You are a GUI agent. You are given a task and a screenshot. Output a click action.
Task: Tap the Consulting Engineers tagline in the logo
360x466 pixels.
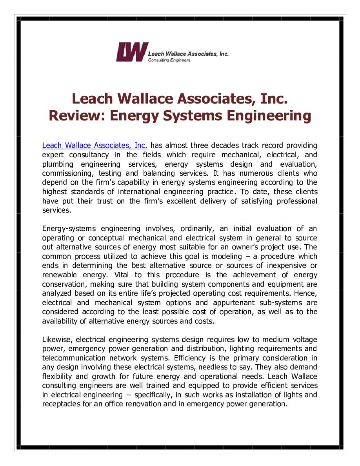[169, 60]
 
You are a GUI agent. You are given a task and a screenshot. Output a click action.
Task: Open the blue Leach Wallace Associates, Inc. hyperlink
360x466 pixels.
[95, 146]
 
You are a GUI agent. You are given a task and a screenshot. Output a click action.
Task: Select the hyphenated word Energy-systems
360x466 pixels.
[71, 229]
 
